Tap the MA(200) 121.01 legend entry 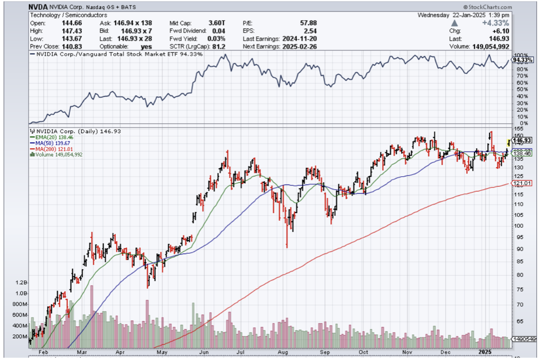[49, 149]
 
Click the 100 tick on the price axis [518, 225]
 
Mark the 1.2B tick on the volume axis [21, 282]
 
